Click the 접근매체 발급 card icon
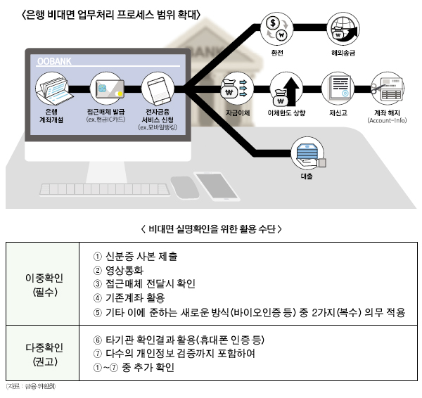pyautogui.click(x=106, y=89)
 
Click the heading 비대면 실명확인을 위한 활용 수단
pyautogui.click(x=212, y=229)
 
